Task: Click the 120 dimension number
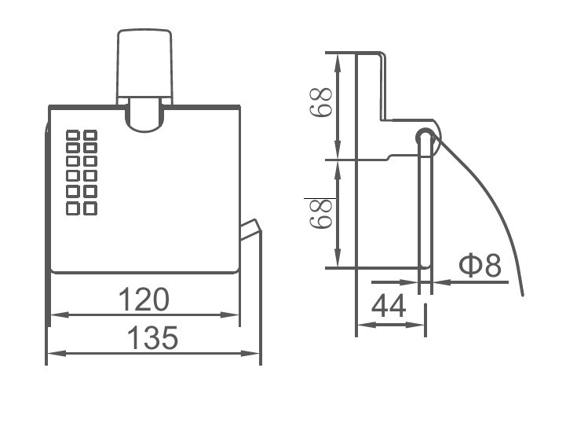click(144, 300)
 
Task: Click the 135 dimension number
click(152, 337)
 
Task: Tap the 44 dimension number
click(389, 306)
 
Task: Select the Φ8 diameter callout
click(480, 265)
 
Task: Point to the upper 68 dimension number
click(320, 103)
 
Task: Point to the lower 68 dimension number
click(320, 213)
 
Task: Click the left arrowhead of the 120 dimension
click(59, 314)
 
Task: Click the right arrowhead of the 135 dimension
click(250, 353)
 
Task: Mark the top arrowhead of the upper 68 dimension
click(338, 62)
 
